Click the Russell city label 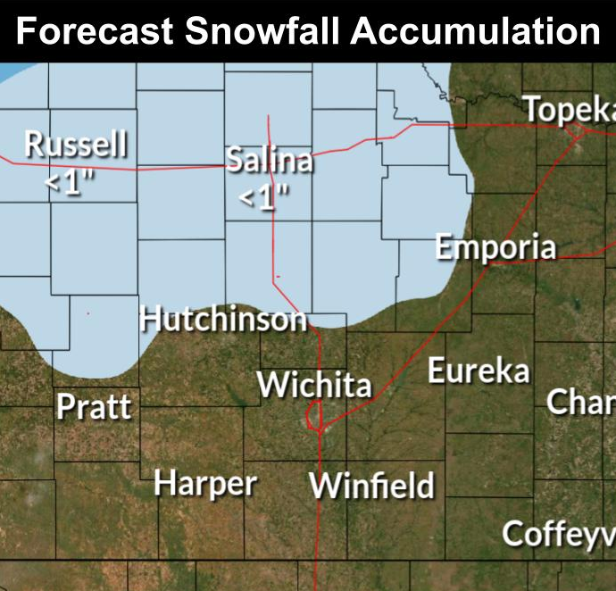point(76,143)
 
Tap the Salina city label point(269,161)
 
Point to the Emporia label point(495,247)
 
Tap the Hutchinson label point(223,319)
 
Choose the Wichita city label point(314,385)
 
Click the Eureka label point(479,370)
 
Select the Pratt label point(94,407)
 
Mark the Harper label point(205,484)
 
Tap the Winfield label point(371,487)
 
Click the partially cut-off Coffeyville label point(559,534)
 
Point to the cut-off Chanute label point(581,402)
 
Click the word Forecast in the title point(95,31)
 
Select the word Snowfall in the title point(263,31)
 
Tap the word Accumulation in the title point(475,31)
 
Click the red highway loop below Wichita point(313,416)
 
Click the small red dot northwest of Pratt point(87,312)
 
